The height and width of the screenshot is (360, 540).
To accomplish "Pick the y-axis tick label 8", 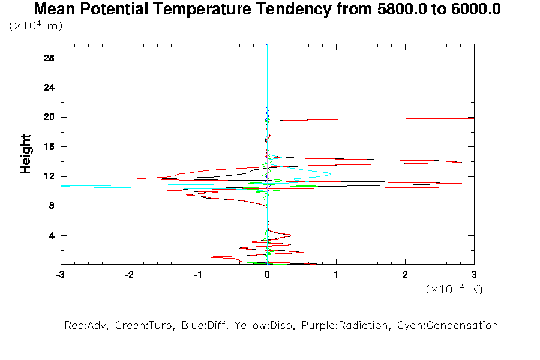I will (52, 206).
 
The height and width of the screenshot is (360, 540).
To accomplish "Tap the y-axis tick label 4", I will (52, 235).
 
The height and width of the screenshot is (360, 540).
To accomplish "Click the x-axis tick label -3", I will (60, 275).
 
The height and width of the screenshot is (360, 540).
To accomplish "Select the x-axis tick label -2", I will (129, 275).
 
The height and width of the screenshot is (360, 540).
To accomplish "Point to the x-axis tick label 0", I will (267, 275).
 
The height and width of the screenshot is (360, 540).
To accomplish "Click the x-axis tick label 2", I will (405, 275).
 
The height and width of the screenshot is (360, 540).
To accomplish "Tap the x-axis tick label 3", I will (474, 275).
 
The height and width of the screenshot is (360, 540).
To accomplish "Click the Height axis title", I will (26, 154).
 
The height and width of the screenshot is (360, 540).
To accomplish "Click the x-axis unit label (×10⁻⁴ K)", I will (454, 289).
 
